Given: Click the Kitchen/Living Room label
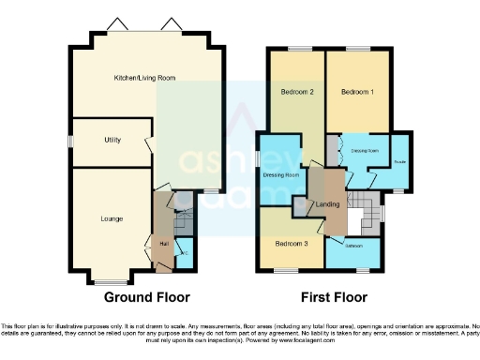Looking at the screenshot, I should point(144,78).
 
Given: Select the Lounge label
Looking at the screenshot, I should point(112,218).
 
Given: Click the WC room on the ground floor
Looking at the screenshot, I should point(184,254).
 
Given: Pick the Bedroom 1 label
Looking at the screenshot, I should point(356,92).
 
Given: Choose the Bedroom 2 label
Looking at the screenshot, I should point(296,92).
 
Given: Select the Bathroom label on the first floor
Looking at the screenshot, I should point(352,247).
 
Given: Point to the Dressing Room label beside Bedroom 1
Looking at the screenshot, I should point(364,150).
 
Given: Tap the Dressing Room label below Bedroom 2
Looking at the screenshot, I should point(280,175).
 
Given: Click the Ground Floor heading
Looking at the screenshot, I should point(141,297).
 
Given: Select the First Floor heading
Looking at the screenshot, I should point(333,297).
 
